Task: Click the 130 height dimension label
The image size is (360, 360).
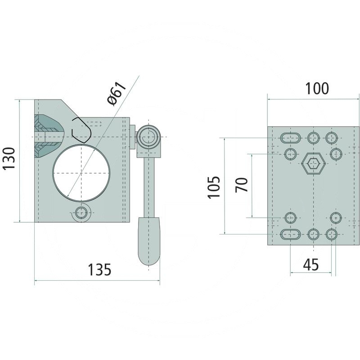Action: (x=9, y=159)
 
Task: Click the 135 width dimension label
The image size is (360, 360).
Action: (x=99, y=270)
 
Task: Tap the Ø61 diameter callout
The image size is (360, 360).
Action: (x=117, y=93)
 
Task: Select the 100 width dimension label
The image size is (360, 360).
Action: (x=317, y=88)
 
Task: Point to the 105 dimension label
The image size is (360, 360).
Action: (x=214, y=187)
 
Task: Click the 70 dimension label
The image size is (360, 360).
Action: (x=242, y=185)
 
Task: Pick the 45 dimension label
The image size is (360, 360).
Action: (x=311, y=265)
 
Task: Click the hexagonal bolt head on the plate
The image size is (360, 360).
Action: (x=314, y=163)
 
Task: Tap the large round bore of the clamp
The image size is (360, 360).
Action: (x=81, y=173)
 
